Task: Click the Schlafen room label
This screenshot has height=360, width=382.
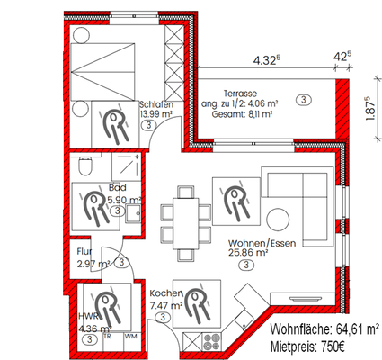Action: (155, 104)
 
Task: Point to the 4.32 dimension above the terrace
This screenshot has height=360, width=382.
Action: (264, 60)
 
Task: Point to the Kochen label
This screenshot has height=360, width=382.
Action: (166, 294)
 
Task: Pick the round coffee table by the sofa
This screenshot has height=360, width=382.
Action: (276, 220)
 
